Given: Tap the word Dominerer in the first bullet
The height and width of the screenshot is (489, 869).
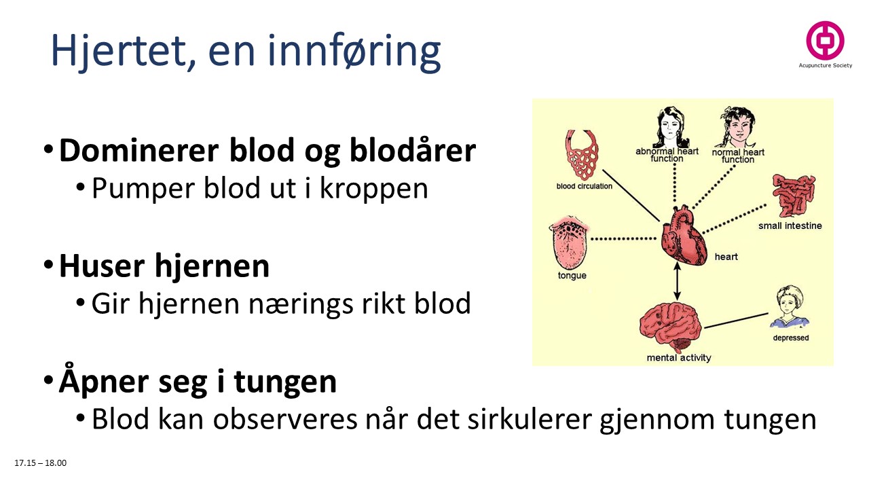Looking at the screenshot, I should (x=131, y=151).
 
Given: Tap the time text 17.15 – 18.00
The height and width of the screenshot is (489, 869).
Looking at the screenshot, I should (x=41, y=463).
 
